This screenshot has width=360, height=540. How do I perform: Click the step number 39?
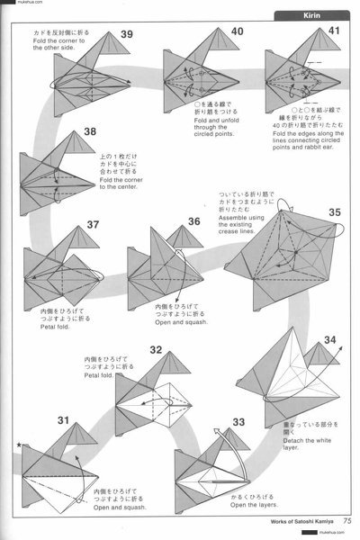pos(126,34)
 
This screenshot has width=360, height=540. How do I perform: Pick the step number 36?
pos(194,222)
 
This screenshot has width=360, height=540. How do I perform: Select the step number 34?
pos(328,341)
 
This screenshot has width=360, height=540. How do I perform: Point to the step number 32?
pos(157,351)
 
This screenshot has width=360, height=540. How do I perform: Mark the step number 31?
pos(38,420)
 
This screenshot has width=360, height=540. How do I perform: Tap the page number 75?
pos(346,518)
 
